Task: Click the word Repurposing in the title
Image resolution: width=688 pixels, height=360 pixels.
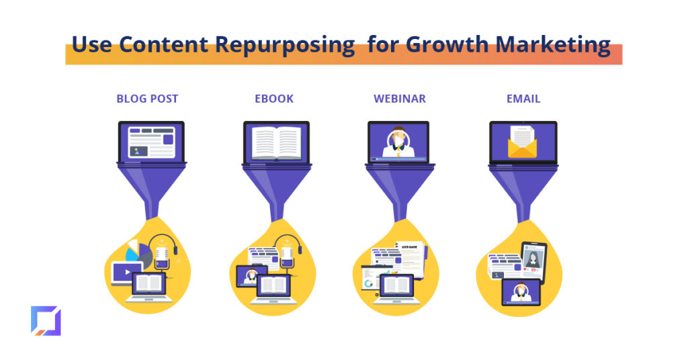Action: pyautogui.click(x=285, y=45)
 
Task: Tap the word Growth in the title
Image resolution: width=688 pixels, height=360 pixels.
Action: pyautogui.click(x=447, y=44)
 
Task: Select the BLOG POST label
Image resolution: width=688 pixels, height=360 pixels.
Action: pyautogui.click(x=147, y=99)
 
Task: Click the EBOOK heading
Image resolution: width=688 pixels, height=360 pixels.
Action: pyautogui.click(x=274, y=99)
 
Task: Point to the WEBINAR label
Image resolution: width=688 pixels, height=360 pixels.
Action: pyautogui.click(x=400, y=99)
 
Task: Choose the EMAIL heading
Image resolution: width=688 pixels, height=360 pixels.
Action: pyautogui.click(x=523, y=99)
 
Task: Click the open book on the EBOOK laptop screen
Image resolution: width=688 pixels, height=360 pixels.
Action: pyautogui.click(x=276, y=143)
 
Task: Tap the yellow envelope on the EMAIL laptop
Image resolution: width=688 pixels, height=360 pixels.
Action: pyautogui.click(x=522, y=142)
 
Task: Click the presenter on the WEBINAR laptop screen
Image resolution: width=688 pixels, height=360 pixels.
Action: pyautogui.click(x=398, y=142)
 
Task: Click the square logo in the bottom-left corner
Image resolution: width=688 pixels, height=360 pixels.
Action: pyautogui.click(x=46, y=320)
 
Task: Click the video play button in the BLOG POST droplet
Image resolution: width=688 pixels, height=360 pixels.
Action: pyautogui.click(x=127, y=272)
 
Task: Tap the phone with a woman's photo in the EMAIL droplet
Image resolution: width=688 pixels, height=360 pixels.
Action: pyautogui.click(x=533, y=261)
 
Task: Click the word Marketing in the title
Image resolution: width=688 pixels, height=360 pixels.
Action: pyautogui.click(x=553, y=44)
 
